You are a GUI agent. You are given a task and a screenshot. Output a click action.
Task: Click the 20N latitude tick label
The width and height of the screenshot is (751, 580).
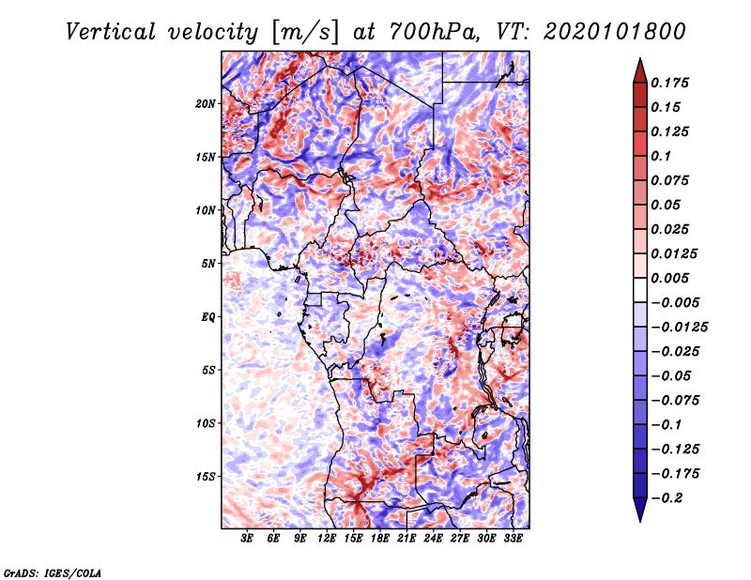click(207, 103)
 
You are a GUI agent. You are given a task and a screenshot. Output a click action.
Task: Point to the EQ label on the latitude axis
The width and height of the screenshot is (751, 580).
click(208, 316)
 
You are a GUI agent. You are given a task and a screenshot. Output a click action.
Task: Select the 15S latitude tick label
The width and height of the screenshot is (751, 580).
click(207, 476)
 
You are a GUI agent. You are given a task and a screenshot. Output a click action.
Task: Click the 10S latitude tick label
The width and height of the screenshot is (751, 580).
click(207, 423)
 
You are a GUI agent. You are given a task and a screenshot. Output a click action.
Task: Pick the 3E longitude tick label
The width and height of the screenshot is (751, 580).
click(248, 539)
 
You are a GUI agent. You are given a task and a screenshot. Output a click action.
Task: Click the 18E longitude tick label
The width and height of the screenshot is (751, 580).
click(380, 539)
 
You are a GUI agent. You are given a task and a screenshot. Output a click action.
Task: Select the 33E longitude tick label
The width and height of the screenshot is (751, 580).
click(513, 539)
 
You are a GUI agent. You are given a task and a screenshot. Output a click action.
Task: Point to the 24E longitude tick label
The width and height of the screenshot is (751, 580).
click(433, 539)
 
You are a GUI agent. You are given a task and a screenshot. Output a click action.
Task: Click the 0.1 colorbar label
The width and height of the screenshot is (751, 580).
click(663, 156)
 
